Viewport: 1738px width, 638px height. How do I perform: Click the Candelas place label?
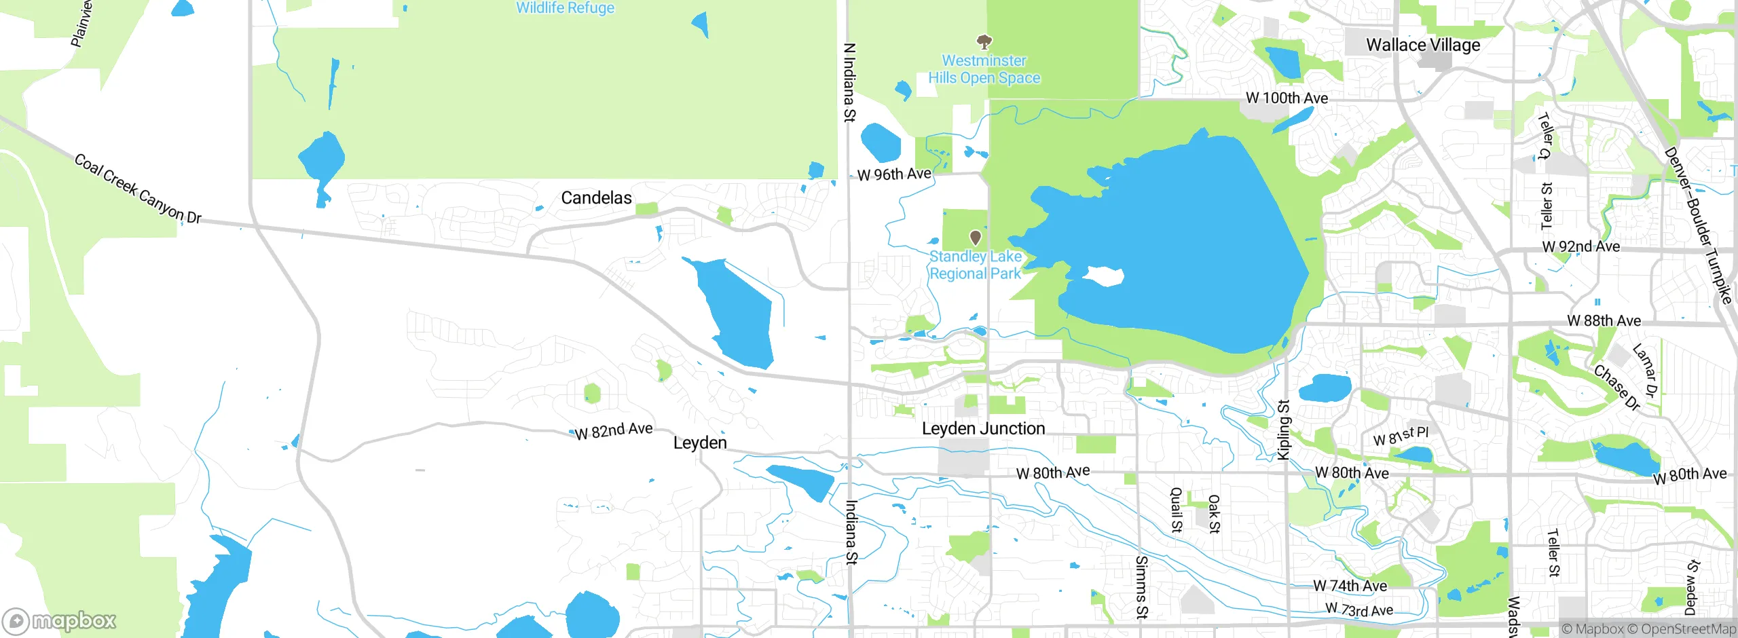click(x=596, y=198)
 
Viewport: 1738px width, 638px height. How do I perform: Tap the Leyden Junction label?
click(x=983, y=428)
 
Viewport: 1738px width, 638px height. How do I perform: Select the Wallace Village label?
click(x=1423, y=45)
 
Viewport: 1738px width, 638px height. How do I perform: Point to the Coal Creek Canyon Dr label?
click(x=138, y=189)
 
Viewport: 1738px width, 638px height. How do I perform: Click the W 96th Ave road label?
click(x=894, y=174)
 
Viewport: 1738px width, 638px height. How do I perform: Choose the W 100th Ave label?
click(x=1287, y=98)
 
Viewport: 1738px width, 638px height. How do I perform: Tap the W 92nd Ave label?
click(x=1580, y=246)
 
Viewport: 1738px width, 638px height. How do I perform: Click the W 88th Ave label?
click(x=1604, y=320)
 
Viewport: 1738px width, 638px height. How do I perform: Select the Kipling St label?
click(x=1283, y=430)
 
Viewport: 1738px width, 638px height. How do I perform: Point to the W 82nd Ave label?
click(x=614, y=430)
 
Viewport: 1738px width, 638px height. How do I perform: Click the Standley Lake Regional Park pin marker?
click(x=976, y=238)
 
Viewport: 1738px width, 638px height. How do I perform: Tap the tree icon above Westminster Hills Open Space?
click(x=984, y=42)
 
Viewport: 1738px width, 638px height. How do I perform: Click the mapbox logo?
click(x=59, y=620)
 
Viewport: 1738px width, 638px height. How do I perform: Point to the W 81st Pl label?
click(x=1401, y=436)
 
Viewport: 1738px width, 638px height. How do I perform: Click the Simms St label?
click(x=1141, y=587)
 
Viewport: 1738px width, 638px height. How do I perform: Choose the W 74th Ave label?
click(x=1350, y=585)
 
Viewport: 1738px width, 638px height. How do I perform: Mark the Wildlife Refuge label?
click(x=565, y=7)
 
